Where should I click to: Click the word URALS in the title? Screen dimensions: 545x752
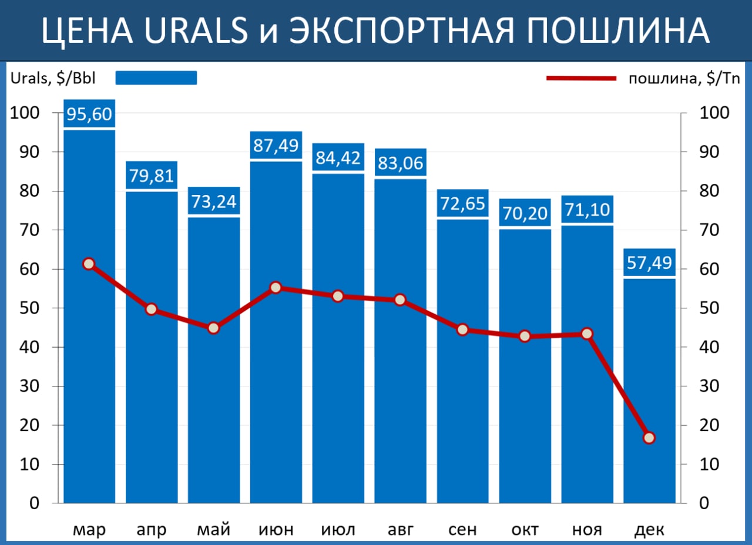pyautogui.click(x=197, y=31)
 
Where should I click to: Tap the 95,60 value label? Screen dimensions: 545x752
pyautogui.click(x=89, y=114)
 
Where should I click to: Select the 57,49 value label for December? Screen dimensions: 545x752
pyautogui.click(x=649, y=263)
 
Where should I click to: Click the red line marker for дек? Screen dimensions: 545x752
pyautogui.click(x=649, y=438)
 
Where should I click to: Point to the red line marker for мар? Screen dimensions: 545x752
pyautogui.click(x=89, y=264)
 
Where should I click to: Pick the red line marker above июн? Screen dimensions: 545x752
pyautogui.click(x=276, y=288)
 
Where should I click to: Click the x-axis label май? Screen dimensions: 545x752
pyautogui.click(x=214, y=530)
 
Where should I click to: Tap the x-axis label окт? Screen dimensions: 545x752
pyautogui.click(x=525, y=530)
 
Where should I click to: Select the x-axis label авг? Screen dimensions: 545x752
pyautogui.click(x=400, y=530)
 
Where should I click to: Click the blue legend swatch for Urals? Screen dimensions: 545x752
pyautogui.click(x=156, y=78)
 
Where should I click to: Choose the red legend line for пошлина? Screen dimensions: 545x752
pyautogui.click(x=581, y=78)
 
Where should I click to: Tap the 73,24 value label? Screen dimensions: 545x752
pyautogui.click(x=214, y=201)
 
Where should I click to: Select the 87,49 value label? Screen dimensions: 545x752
pyautogui.click(x=276, y=145)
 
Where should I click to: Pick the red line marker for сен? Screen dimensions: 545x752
pyautogui.click(x=462, y=329)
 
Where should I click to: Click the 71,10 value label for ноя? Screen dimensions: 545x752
pyautogui.click(x=587, y=210)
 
